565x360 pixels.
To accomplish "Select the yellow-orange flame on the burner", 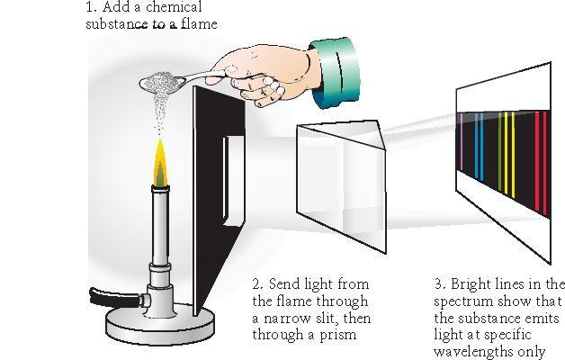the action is pyautogui.click(x=160, y=163).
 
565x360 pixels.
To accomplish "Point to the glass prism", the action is pyautogui.click(x=341, y=184).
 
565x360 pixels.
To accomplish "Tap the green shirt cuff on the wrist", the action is pyautogui.click(x=335, y=72).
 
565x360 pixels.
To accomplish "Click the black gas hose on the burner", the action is pyautogui.click(x=114, y=298).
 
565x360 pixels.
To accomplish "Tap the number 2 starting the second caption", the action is pyautogui.click(x=257, y=284).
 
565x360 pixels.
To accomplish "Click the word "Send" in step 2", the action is pyautogui.click(x=284, y=284).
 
